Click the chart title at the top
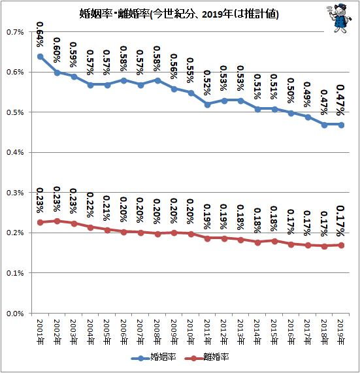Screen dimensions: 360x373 tap(179, 14)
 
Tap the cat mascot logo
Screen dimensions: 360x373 tap(340, 18)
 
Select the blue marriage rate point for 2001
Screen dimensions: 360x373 tap(41, 57)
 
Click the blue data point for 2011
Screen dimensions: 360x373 tap(207, 105)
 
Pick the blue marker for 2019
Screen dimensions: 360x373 tap(341, 125)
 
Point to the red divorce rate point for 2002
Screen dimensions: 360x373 tap(57, 221)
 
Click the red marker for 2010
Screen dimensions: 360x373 tap(191, 235)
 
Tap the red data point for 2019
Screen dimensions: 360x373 tap(341, 245)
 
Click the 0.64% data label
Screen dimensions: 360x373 tap(40, 35)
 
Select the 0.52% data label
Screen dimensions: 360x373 tap(207, 82)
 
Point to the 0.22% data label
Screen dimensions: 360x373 tap(90, 205)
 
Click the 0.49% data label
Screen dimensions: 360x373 tap(307, 95)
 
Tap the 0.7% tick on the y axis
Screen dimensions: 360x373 tap(15, 32)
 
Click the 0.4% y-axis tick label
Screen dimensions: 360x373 tap(15, 152)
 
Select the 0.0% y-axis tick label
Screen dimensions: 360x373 tap(15, 314)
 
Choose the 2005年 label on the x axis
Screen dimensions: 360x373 tap(107, 332)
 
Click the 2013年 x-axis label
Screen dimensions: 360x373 tap(240, 332)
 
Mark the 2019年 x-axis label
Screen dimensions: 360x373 tap(341, 332)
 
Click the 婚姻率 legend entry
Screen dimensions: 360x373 tap(154, 357)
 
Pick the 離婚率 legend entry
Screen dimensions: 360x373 tap(206, 357)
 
